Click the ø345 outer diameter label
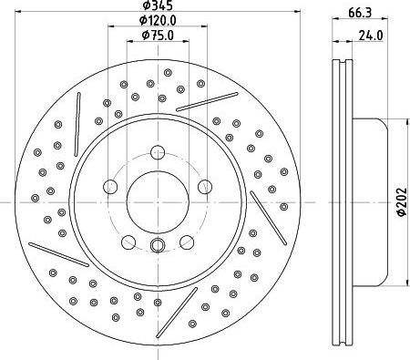158,5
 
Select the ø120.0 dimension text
158,20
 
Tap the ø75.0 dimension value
158,36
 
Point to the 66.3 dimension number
360,13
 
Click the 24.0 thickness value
371,36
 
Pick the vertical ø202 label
402,201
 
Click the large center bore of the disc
158,202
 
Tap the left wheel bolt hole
110,187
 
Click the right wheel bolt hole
205,187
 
